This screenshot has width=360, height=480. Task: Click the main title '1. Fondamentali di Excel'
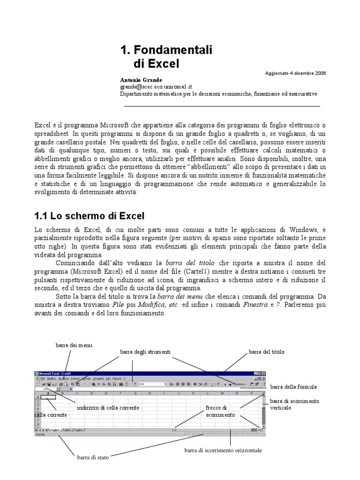(x=166, y=56)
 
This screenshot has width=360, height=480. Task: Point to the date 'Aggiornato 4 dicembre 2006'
(x=296, y=74)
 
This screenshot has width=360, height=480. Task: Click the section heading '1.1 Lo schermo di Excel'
(x=89, y=216)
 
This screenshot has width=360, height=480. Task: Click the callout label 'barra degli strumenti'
(x=145, y=351)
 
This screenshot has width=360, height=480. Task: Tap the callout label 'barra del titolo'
(x=267, y=351)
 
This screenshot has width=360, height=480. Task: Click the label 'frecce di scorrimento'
(x=216, y=411)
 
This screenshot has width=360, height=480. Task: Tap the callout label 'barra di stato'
(x=93, y=458)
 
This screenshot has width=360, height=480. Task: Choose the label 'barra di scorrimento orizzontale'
(x=223, y=450)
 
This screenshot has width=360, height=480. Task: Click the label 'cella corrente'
(x=51, y=415)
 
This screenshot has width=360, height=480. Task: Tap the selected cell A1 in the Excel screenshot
(x=48, y=397)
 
